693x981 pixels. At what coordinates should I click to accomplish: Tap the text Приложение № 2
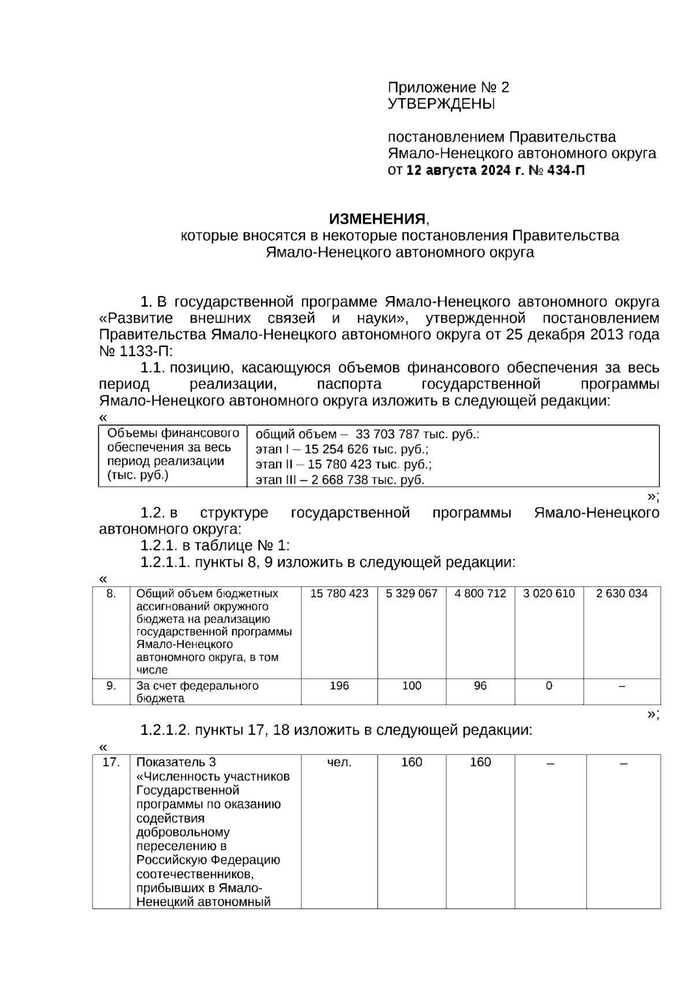pyautogui.click(x=448, y=87)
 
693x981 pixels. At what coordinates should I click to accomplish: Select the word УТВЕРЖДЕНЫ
pyautogui.click(x=441, y=104)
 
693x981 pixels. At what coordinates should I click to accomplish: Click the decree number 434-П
pyautogui.click(x=565, y=171)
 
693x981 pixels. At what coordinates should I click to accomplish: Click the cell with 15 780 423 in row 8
pyautogui.click(x=339, y=594)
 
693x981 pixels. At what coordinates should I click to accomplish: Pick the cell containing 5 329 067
pyautogui.click(x=411, y=594)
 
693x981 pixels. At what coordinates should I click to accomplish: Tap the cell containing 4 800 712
pyautogui.click(x=480, y=594)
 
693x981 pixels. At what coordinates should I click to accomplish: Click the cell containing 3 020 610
pyautogui.click(x=549, y=594)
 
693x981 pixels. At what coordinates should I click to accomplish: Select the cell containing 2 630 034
pyautogui.click(x=621, y=594)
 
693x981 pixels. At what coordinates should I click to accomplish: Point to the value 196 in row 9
pyautogui.click(x=339, y=686)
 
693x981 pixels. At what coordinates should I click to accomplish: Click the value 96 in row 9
pyautogui.click(x=480, y=686)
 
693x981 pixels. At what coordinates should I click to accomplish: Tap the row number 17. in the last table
pyautogui.click(x=111, y=762)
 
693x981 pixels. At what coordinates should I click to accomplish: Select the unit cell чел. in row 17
pyautogui.click(x=339, y=762)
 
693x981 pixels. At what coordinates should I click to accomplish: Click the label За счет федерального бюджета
pyautogui.click(x=197, y=692)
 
